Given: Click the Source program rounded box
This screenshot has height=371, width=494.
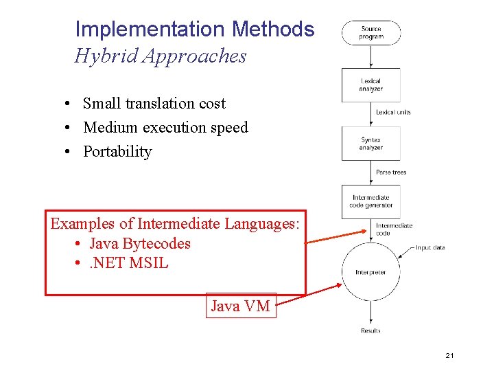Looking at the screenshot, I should click(x=371, y=33).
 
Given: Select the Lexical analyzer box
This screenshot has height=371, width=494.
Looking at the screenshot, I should click(x=371, y=85).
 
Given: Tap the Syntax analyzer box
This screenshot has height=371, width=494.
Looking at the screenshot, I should click(x=371, y=144).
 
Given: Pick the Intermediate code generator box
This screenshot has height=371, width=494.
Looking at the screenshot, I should click(x=371, y=201).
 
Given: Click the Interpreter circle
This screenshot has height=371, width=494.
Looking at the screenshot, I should click(x=370, y=272).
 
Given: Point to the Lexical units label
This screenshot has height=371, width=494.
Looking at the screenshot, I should click(x=393, y=112).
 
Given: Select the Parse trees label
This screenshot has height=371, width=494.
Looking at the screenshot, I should click(x=391, y=172).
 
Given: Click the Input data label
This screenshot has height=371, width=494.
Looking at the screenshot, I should click(x=430, y=247).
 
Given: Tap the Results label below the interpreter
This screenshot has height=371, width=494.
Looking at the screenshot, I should click(x=370, y=331).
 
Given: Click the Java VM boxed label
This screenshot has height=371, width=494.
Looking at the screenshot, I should click(x=240, y=306).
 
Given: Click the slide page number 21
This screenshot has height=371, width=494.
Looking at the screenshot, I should click(x=450, y=355).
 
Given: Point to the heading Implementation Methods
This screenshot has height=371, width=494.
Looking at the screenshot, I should click(x=194, y=30).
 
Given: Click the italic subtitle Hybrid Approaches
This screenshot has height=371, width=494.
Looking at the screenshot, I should click(x=160, y=56).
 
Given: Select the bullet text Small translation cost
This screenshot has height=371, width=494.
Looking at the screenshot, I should click(x=154, y=104).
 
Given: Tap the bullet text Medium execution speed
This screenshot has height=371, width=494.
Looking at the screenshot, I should click(x=165, y=128).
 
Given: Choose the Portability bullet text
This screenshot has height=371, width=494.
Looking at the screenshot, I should click(x=117, y=152).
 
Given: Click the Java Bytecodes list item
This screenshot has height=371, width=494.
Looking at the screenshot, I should click(x=139, y=244).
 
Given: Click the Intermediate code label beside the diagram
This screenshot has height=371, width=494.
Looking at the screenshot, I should click(x=394, y=229).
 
